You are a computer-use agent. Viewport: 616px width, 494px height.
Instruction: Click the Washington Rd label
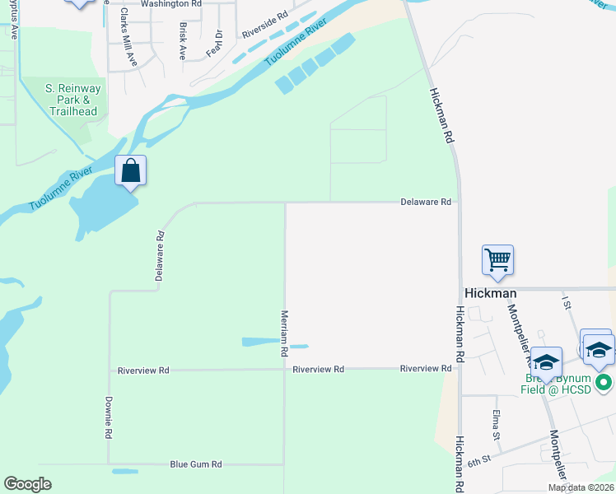170,4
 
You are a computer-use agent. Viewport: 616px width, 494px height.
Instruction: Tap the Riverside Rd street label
264,26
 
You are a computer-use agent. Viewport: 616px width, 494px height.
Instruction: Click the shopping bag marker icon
130,172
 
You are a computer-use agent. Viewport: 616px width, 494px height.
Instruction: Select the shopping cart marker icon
498,260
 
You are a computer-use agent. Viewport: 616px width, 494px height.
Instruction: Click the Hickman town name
491,293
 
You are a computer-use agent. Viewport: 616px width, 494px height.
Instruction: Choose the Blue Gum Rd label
196,464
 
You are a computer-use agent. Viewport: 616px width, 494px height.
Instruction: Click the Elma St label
496,423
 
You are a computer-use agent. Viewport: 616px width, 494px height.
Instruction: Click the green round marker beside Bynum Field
604,382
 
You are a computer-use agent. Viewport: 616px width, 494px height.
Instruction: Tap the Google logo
27,484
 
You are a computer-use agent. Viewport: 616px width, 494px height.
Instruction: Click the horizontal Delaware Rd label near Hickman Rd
426,202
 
